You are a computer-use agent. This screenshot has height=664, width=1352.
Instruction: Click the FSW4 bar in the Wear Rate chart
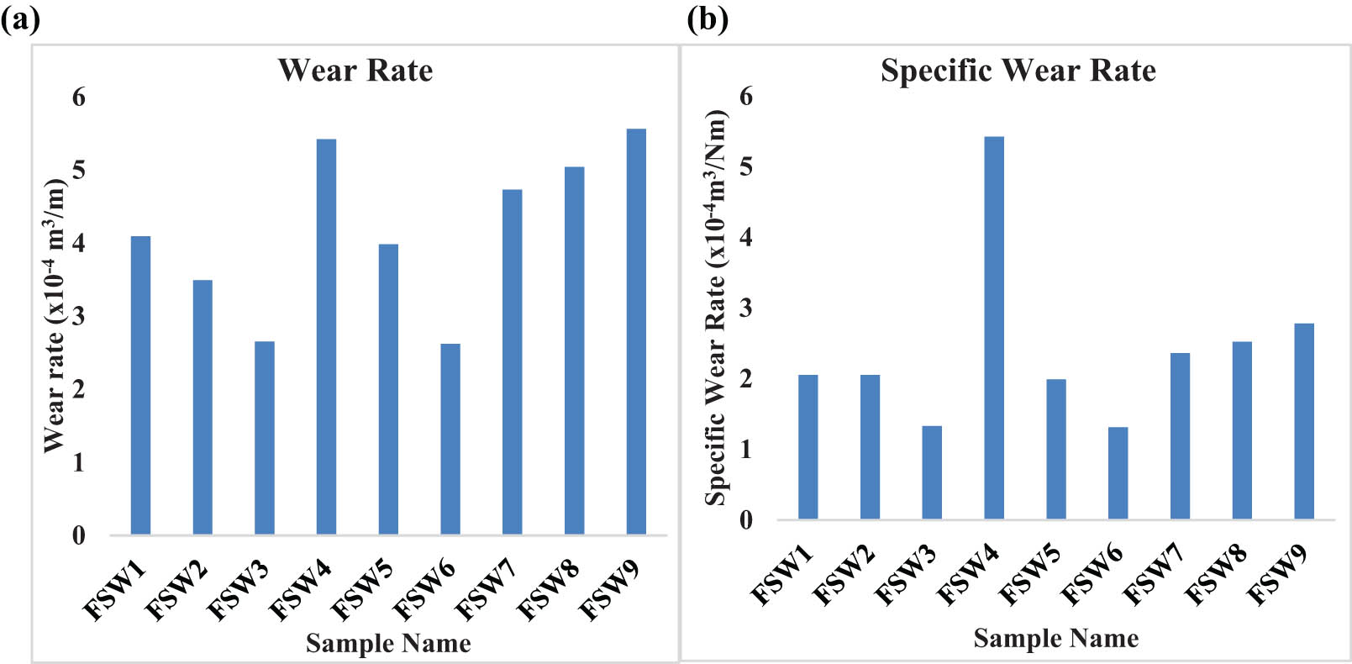tap(326, 336)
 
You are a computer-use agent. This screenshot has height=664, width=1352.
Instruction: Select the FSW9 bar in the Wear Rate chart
tap(636, 332)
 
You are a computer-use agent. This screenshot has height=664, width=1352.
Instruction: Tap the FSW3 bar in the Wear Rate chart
tap(264, 437)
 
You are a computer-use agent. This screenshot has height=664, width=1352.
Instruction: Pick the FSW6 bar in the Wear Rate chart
tap(450, 439)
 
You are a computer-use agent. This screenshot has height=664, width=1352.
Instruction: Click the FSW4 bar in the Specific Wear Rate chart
tap(993, 328)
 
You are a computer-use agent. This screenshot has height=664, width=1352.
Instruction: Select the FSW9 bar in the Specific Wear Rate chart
tap(1303, 420)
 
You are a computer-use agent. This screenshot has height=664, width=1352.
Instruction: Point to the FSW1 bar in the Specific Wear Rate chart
tap(808, 446)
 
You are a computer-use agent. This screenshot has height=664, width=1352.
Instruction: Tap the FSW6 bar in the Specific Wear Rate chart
tap(1118, 472)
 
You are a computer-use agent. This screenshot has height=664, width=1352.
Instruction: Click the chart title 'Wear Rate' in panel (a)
tap(355, 71)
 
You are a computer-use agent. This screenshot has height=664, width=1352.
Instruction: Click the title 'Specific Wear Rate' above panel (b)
tap(1018, 71)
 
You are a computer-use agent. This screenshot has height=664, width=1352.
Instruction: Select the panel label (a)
tap(20, 18)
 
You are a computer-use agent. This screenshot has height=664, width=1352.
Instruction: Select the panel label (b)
tap(708, 18)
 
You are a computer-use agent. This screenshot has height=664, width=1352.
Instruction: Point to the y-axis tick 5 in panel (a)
tap(79, 171)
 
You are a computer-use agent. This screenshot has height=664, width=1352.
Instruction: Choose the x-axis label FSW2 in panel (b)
tap(844, 574)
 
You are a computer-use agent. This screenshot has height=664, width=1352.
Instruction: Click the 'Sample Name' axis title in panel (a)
tap(387, 643)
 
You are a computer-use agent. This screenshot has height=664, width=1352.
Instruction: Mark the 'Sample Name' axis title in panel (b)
tap(1055, 638)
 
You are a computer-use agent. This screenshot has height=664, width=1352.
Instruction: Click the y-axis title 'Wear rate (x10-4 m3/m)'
tap(55, 315)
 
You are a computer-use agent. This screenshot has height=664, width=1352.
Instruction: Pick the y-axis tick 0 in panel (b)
tap(746, 520)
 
